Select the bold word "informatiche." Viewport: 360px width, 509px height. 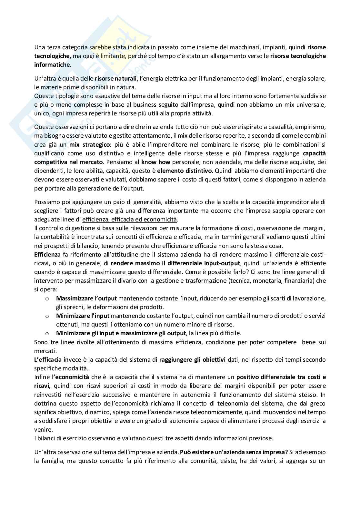[x=53, y=64]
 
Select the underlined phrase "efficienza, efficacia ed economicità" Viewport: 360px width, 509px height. [x=130, y=220]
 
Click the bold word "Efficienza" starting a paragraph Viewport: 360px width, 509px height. [x=47, y=254]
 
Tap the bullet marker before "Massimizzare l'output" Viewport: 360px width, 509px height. [x=47, y=299]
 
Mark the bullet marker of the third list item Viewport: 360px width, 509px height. [x=47, y=333]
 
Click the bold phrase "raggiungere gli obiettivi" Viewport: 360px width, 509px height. [x=192, y=359]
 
